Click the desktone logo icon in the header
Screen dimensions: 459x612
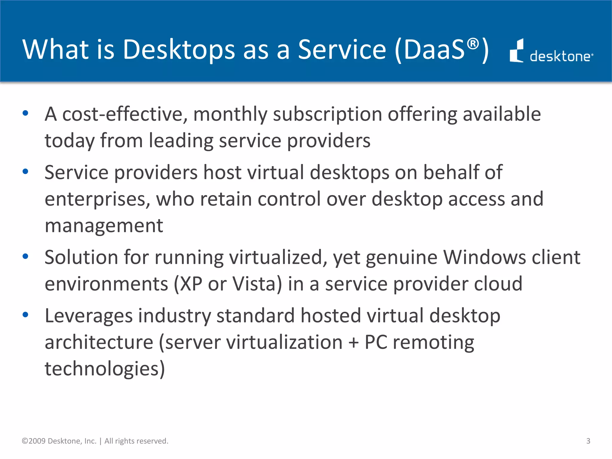pyautogui.click(x=516, y=51)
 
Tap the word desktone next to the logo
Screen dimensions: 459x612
pyautogui.click(x=561, y=56)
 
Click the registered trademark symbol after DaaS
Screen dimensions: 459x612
pyautogui.click(x=473, y=44)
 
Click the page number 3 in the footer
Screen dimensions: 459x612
pyautogui.click(x=588, y=441)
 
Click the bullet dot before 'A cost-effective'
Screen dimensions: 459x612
pyautogui.click(x=25, y=113)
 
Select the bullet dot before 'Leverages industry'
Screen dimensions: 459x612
pyautogui.click(x=25, y=315)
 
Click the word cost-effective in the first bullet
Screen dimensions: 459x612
pyautogui.click(x=125, y=114)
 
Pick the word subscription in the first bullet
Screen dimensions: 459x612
pyautogui.click(x=328, y=115)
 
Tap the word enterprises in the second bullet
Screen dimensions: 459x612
pyautogui.click(x=97, y=199)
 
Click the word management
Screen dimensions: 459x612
pyautogui.click(x=104, y=226)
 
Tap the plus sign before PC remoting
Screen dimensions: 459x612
pyautogui.click(x=354, y=342)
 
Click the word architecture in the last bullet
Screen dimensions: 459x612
pyautogui.click(x=99, y=342)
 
